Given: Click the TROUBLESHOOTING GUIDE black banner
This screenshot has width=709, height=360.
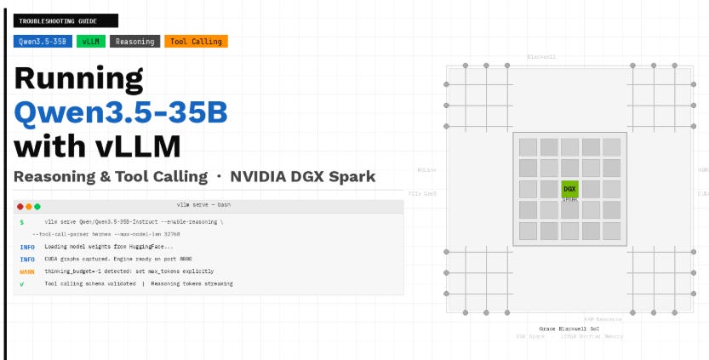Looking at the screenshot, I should [66, 20].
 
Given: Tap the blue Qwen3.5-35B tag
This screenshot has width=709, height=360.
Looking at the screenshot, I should [43, 41].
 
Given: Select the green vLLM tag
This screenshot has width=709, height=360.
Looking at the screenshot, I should [91, 41].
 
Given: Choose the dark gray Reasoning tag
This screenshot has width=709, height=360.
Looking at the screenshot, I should [134, 41].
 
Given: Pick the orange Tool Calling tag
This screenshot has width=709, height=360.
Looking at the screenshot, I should [196, 41].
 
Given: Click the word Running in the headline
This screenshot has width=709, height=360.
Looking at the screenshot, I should [79, 79].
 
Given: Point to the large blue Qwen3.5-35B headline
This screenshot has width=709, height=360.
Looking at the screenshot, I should [120, 112].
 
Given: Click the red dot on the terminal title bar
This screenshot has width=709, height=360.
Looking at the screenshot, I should [20, 206].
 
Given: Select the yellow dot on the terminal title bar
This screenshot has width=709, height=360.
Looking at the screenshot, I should [29, 206].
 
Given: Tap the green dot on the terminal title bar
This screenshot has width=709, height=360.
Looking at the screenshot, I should [37, 206].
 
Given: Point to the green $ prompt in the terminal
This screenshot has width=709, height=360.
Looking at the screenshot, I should [21, 222].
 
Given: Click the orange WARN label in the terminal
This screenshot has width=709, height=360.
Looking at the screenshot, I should [27, 271].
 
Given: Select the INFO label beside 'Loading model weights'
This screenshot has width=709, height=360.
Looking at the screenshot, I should [27, 247].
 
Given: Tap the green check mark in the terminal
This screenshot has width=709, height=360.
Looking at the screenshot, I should [21, 283].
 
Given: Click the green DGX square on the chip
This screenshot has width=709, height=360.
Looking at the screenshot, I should [569, 189].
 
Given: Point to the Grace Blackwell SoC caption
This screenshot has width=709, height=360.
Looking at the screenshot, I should [569, 328].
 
